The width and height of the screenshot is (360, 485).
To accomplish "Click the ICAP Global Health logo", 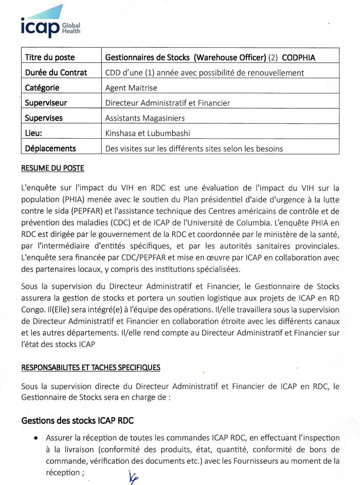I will pos(50,23).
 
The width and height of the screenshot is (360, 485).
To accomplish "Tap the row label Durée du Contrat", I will pos(56,73).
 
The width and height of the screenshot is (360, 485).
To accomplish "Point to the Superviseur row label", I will pos(46,103).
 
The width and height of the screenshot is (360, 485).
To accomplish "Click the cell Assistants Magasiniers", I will pos(145,118).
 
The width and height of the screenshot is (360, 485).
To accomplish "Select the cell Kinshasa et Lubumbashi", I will pos(147,133).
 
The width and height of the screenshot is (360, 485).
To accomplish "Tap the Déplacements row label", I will pos(50,148).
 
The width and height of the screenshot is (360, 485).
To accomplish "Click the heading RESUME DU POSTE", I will pos(52,168).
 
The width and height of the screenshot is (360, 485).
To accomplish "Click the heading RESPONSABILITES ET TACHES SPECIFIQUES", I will pos(91,367).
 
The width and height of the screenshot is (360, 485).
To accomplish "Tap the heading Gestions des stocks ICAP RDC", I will pos(77,420).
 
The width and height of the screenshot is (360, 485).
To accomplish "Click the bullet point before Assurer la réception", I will pos(35,438).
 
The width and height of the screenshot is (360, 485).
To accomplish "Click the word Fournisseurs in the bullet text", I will pos(268,461).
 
